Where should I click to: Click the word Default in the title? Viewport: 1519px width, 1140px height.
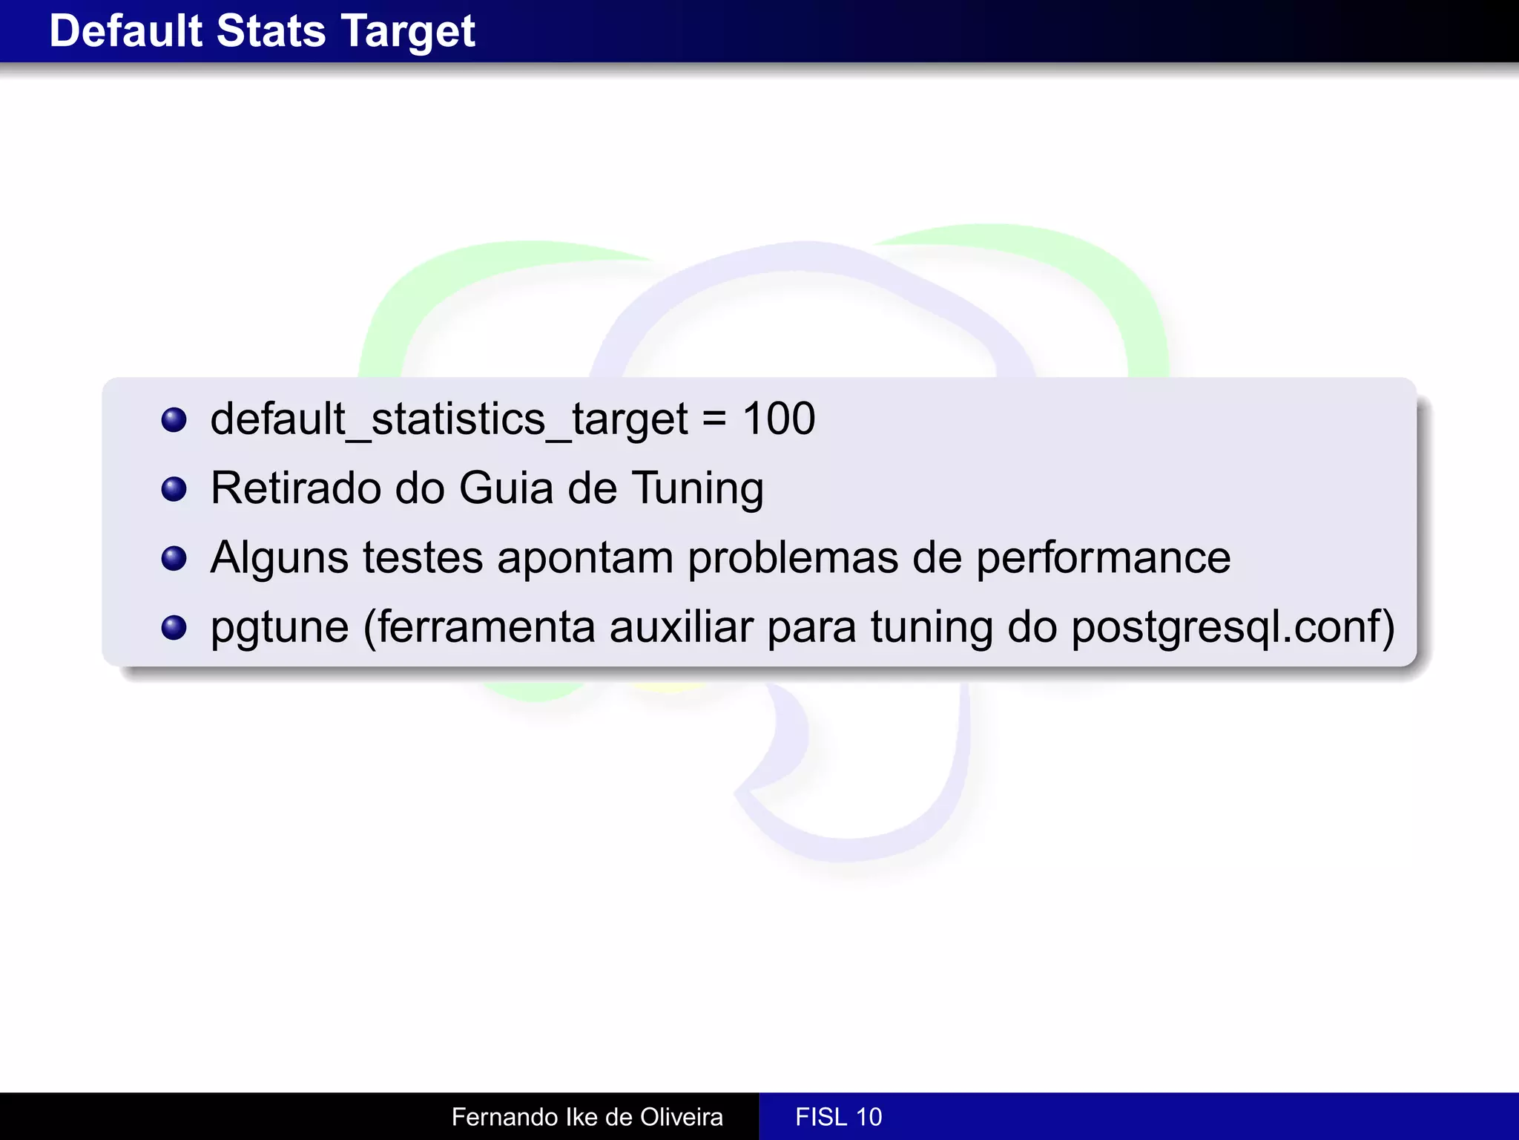pyautogui.click(x=125, y=31)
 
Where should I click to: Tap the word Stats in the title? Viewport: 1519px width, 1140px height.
pyautogui.click(x=271, y=31)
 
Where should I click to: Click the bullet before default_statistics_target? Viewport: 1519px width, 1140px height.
pyautogui.click(x=174, y=420)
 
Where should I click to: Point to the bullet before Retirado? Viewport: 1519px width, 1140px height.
pyautogui.click(x=174, y=489)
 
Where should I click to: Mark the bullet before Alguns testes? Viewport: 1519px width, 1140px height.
pyautogui.click(x=174, y=558)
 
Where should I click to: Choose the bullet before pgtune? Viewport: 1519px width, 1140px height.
pyautogui.click(x=174, y=628)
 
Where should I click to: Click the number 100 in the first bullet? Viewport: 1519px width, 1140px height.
pyautogui.click(x=779, y=419)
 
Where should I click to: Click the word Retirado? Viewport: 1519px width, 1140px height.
pyautogui.click(x=296, y=488)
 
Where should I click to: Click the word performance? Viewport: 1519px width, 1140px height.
pyautogui.click(x=1103, y=559)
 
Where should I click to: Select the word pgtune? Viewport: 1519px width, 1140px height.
pyautogui.click(x=280, y=629)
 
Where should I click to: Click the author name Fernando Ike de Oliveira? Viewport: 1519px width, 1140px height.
pyautogui.click(x=587, y=1117)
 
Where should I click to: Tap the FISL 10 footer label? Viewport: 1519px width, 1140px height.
pyautogui.click(x=838, y=1117)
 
